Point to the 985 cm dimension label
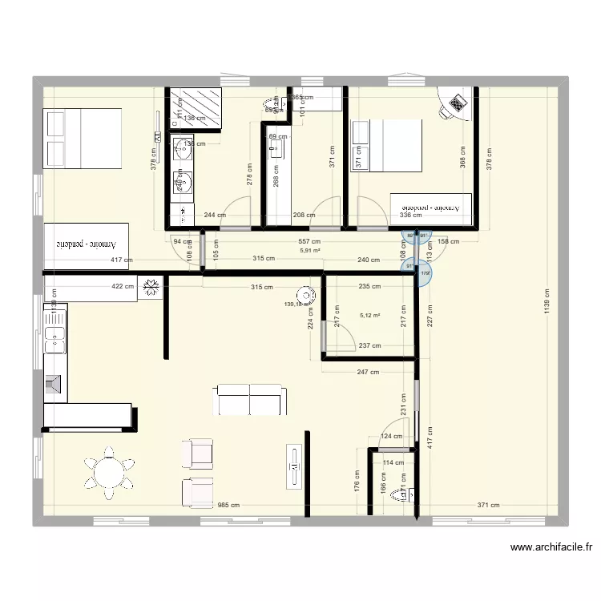(230, 506)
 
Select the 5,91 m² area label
(310, 250)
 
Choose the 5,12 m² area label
(370, 316)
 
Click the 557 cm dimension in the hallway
(309, 241)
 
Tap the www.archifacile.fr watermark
(551, 548)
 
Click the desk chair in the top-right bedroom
(458, 103)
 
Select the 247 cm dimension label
(367, 373)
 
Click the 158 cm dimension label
(448, 241)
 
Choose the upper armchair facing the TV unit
(197, 453)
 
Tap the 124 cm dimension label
(392, 437)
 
